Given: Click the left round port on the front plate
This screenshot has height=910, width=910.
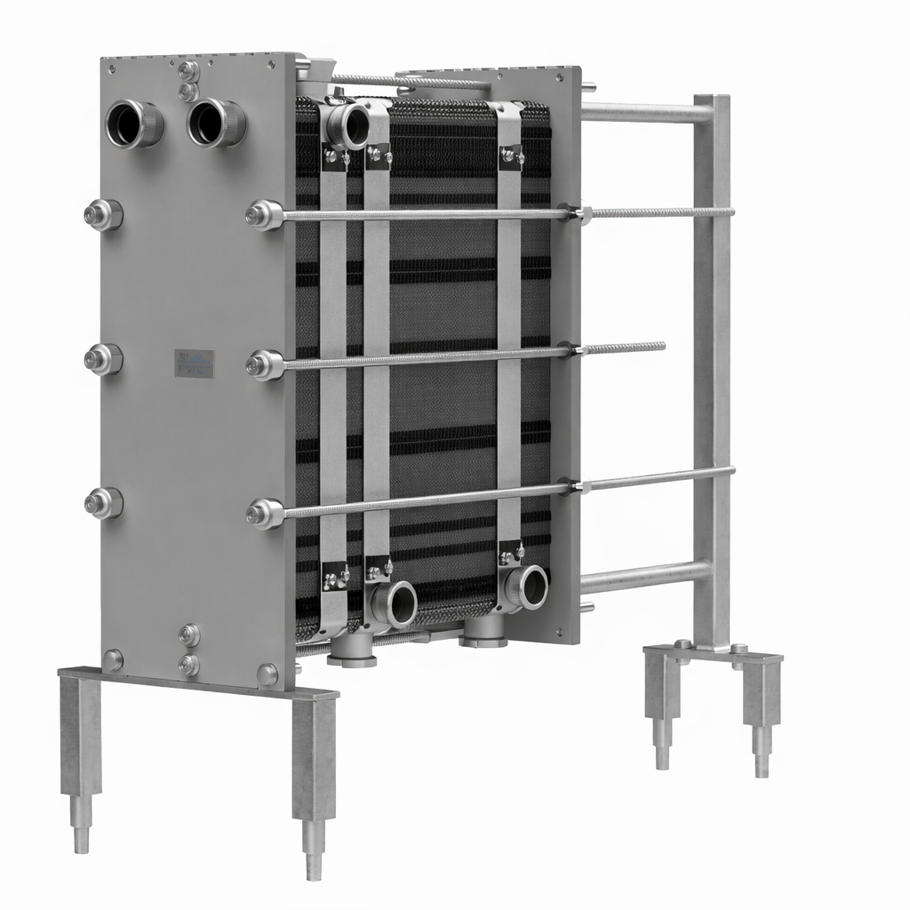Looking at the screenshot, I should [133, 124].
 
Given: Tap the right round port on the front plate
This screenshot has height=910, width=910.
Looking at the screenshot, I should [214, 122].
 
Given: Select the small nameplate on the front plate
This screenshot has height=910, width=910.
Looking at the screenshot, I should [195, 363].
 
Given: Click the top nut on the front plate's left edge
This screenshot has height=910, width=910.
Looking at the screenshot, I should [103, 215].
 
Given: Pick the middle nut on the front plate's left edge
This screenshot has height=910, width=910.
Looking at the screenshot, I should [103, 359].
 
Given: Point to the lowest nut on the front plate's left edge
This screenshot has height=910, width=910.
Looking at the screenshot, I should [103, 503].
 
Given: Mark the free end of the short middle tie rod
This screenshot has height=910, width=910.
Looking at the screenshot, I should [661, 347].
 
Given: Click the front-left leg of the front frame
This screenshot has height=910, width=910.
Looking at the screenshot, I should [80, 755].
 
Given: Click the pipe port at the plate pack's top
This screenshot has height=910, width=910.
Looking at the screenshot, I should [349, 125].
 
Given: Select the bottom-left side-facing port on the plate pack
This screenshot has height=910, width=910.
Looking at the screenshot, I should [396, 604].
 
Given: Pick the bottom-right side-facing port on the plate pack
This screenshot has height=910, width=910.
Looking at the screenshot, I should [530, 587].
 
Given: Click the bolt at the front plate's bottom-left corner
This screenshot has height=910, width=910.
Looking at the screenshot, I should [114, 659].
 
